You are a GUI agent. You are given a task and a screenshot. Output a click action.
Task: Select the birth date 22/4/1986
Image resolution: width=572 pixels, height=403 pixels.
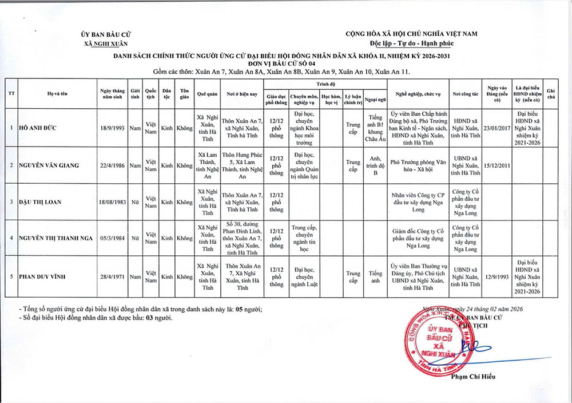tap(112, 165)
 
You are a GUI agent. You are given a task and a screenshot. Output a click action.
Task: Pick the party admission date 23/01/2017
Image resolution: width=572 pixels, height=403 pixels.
tap(496, 128)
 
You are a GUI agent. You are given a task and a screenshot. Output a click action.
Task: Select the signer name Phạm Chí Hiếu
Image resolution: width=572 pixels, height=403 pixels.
tap(473, 376)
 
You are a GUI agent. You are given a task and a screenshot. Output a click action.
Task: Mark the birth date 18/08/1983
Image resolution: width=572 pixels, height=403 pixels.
tap(112, 202)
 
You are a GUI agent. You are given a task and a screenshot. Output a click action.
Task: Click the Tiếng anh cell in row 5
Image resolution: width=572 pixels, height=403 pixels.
tap(375, 276)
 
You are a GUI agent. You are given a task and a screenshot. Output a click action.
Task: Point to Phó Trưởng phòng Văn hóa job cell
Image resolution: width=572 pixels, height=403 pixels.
tap(417, 165)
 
